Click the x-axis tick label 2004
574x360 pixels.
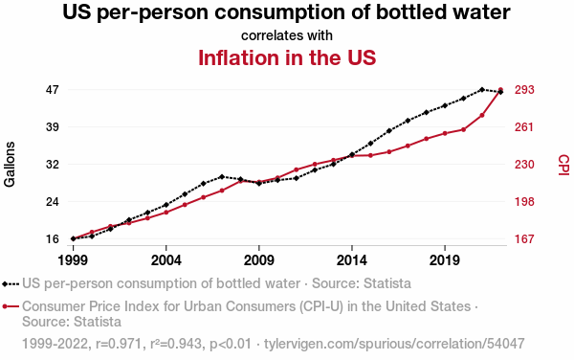[166, 260]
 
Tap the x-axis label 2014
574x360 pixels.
[352, 260]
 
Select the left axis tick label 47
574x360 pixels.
[53, 90]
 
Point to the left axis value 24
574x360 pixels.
[53, 201]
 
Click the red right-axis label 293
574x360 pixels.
[524, 90]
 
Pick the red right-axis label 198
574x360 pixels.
[524, 201]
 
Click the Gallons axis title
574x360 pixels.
[10, 164]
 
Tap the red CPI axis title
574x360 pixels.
[563, 165]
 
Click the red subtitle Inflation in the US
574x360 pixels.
[287, 57]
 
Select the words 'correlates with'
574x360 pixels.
[287, 35]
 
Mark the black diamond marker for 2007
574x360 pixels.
[222, 176]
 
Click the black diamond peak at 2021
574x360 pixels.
[482, 89]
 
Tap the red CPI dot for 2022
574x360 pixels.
[500, 89]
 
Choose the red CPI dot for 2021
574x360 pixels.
[482, 115]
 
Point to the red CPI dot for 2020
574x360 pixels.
[463, 129]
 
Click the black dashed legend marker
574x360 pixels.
[11, 283]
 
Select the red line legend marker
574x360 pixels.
[11, 306]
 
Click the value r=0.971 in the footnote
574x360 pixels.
[119, 344]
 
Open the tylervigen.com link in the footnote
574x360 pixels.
[394, 344]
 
